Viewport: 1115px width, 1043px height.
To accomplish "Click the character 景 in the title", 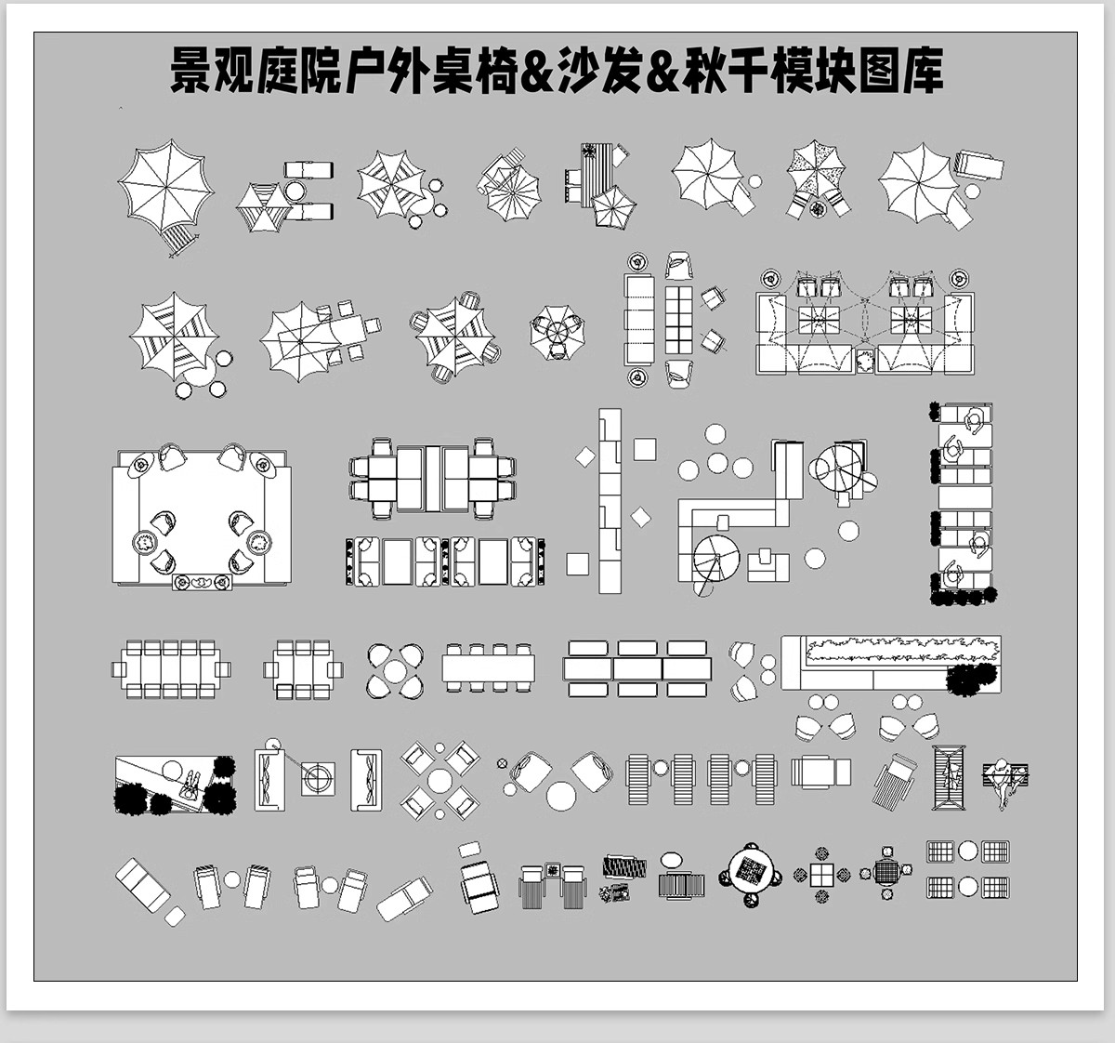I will tap(190, 72).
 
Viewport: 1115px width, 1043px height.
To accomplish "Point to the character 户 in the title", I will tap(365, 72).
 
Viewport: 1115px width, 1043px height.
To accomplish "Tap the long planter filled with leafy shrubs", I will tap(892, 650).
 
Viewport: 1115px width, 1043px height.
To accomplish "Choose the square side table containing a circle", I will tap(319, 778).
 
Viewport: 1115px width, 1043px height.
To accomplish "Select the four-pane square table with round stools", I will tap(821, 875).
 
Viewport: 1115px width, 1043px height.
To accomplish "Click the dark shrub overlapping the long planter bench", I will tap(967, 679).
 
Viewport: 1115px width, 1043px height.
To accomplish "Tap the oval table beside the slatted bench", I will tap(672, 860).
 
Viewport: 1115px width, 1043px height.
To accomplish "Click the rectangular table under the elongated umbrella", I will tap(351, 329).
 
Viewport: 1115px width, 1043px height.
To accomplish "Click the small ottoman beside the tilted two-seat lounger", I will tap(174, 916).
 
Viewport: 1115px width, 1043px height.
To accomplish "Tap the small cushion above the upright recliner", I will tap(470, 848).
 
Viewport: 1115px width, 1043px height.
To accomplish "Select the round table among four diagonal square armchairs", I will tap(440, 779).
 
